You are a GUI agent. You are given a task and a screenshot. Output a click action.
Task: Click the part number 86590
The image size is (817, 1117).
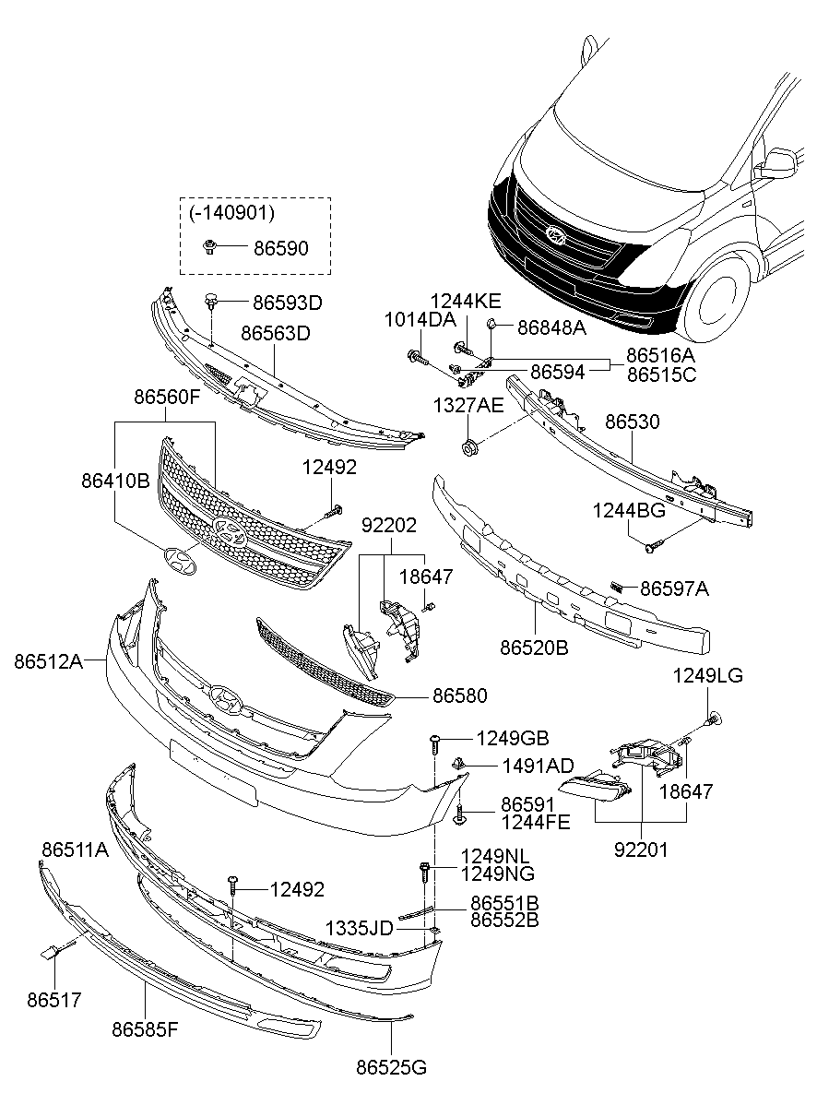point(280,248)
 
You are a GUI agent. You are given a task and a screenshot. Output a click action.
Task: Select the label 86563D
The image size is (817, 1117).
point(276,332)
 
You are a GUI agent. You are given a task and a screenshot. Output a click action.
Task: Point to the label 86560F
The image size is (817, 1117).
point(167,398)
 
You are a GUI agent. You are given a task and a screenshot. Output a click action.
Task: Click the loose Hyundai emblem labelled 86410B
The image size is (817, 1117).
point(180,562)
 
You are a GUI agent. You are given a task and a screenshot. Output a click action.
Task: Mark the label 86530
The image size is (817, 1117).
point(633,422)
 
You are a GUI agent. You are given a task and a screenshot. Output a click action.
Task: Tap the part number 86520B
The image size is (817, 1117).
point(534,648)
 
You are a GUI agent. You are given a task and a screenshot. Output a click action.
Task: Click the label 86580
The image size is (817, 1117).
point(460,695)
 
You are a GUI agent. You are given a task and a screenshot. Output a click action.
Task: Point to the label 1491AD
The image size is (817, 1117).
point(538,766)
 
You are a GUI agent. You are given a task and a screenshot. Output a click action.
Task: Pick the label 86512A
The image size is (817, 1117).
point(48,660)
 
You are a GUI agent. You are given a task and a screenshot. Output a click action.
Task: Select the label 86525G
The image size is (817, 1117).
point(392,1067)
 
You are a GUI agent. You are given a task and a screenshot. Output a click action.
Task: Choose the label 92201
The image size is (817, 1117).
point(642,849)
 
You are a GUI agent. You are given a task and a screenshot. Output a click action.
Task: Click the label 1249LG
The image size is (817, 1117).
point(707,676)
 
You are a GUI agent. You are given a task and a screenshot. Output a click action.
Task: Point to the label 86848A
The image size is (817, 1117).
point(551,326)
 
